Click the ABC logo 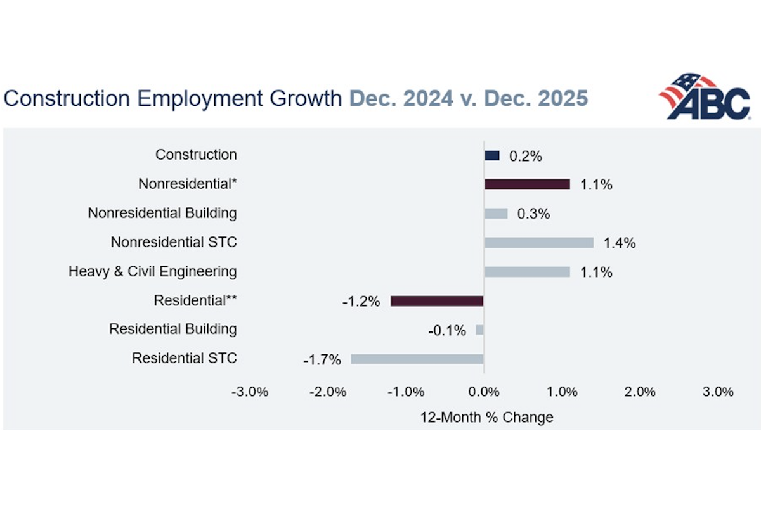pyautogui.click(x=705, y=96)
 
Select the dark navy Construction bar pyautogui.click(x=492, y=155)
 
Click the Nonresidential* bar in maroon pyautogui.click(x=527, y=184)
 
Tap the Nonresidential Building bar pyautogui.click(x=496, y=214)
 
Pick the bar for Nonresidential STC pyautogui.click(x=539, y=243)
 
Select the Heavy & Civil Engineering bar pyautogui.click(x=527, y=272)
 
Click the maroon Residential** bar pyautogui.click(x=437, y=301)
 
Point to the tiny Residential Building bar pyautogui.click(x=480, y=330)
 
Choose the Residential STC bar pyautogui.click(x=417, y=359)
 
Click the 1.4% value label pyautogui.click(x=620, y=243)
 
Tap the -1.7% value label pyautogui.click(x=322, y=360)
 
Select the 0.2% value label pyautogui.click(x=526, y=157)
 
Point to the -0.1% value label pyautogui.click(x=447, y=331)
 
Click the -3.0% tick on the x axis pyautogui.click(x=250, y=392)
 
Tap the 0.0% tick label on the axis pyautogui.click(x=484, y=392)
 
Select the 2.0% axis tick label pyautogui.click(x=639, y=392)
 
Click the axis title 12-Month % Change pyautogui.click(x=486, y=418)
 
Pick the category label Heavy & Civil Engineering pyautogui.click(x=152, y=272)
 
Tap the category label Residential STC pyautogui.click(x=184, y=359)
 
